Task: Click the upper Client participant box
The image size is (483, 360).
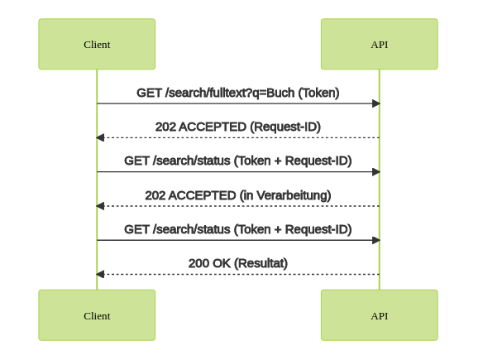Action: (97, 44)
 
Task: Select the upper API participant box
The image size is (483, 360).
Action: (379, 44)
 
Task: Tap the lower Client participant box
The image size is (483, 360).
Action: (97, 315)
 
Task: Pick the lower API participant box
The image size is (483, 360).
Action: (379, 315)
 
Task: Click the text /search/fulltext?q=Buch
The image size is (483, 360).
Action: (230, 93)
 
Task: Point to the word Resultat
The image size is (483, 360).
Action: (261, 263)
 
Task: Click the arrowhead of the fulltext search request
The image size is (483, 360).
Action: (376, 103)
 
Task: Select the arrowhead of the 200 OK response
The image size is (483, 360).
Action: (100, 274)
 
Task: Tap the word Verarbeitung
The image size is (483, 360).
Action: (294, 195)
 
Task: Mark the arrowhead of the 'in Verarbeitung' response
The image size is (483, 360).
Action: (100, 206)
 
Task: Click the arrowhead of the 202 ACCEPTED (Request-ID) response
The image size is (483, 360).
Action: (100, 137)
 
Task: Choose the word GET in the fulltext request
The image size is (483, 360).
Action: (149, 93)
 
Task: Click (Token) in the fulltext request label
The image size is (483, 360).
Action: (318, 93)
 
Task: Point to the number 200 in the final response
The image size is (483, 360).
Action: (198, 263)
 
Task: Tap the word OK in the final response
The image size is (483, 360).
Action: (222, 263)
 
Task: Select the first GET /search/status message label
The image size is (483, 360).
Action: (238, 161)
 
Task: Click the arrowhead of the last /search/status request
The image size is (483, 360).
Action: (376, 240)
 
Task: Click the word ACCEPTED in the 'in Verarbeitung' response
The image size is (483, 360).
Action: (202, 195)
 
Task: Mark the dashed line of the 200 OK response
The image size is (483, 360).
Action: (238, 274)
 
